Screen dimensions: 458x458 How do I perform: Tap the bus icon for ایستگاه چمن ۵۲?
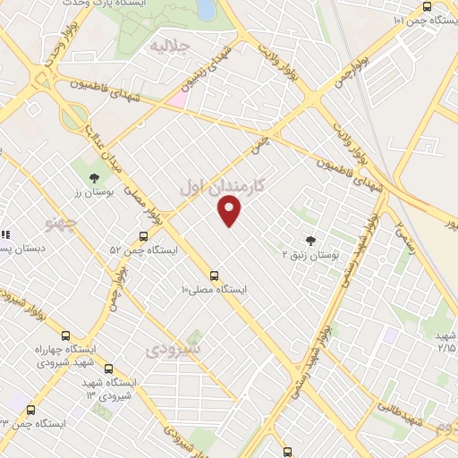pyautogui.click(x=143, y=237)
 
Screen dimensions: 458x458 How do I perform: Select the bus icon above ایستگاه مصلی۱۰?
pyautogui.click(x=214, y=276)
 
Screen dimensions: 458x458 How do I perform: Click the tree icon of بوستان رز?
pyautogui.click(x=94, y=177)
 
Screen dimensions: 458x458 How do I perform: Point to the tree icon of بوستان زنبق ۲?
pyautogui.click(x=310, y=240)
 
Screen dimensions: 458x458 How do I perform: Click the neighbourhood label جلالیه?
pyautogui.click(x=168, y=45)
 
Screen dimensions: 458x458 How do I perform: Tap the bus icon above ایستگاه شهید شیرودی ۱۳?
pyautogui.click(x=108, y=369)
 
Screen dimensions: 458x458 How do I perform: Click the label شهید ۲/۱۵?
pyautogui.click(x=444, y=341)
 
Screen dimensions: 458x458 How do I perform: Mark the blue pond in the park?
pyautogui.click(x=205, y=9)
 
